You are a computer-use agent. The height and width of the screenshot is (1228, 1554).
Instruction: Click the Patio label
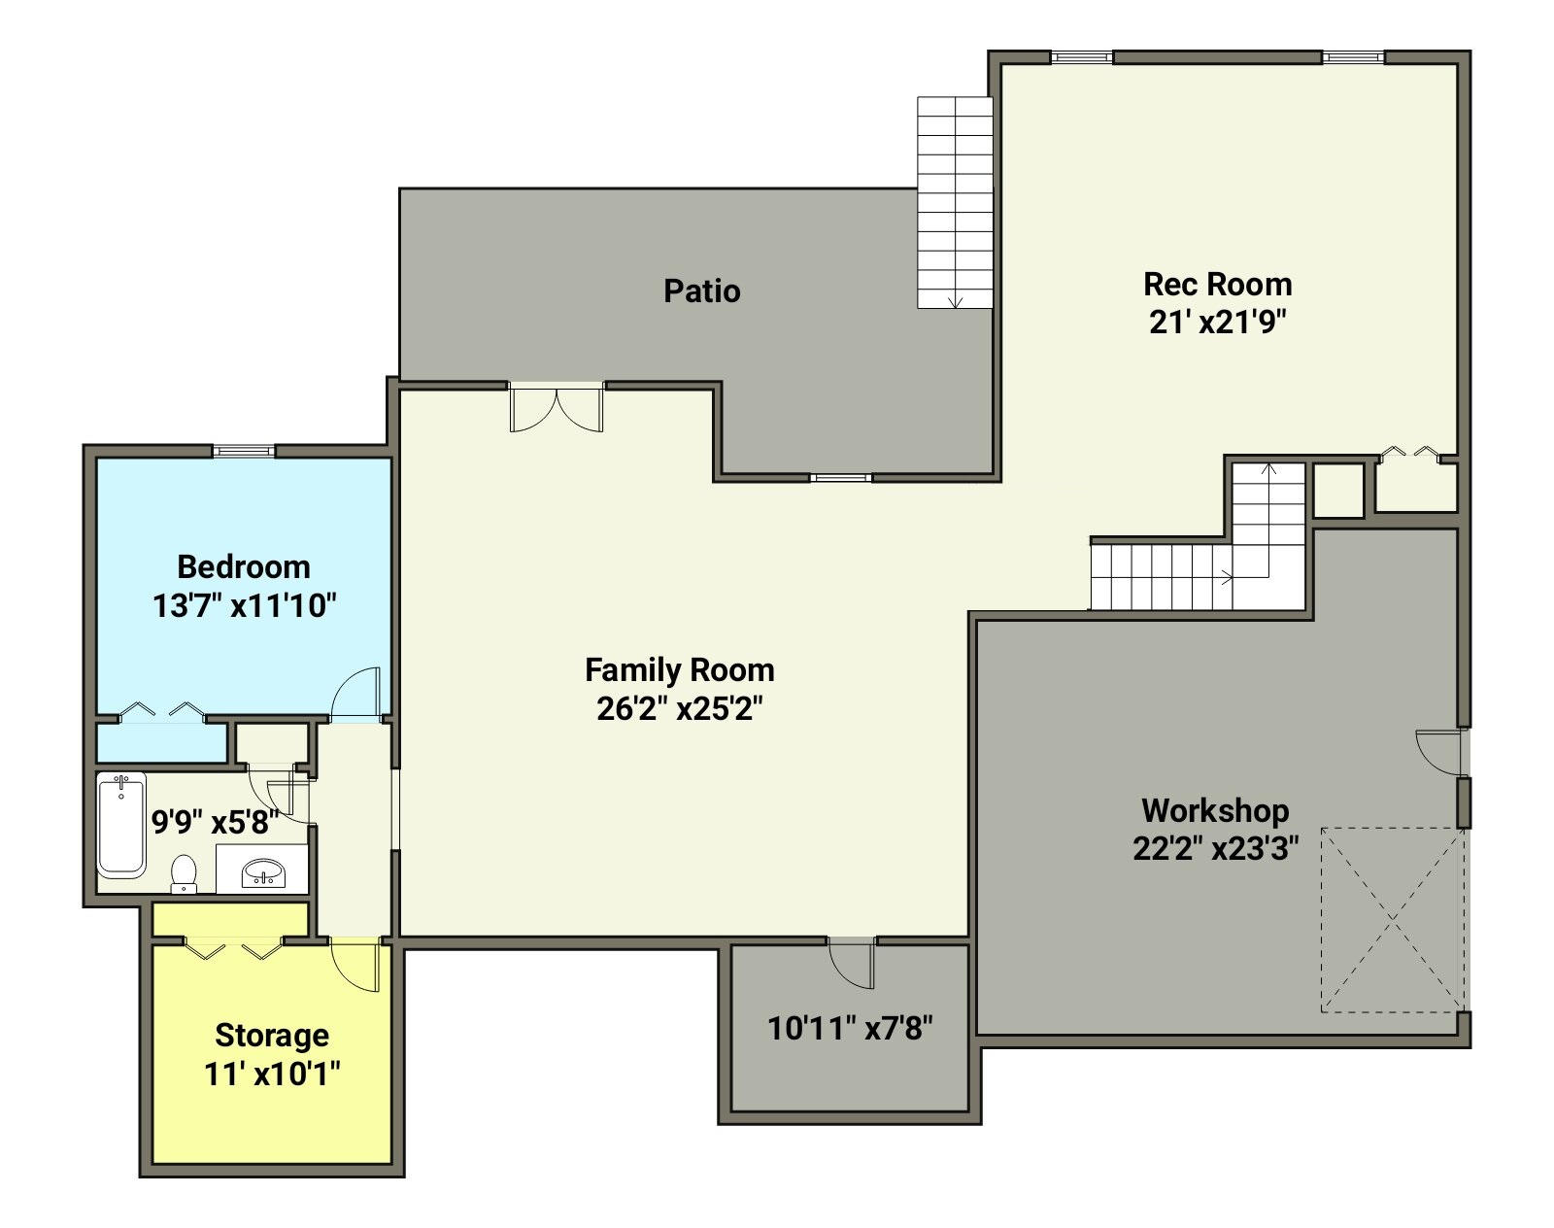tap(702, 291)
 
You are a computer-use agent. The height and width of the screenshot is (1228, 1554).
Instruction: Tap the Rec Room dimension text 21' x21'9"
tap(1218, 323)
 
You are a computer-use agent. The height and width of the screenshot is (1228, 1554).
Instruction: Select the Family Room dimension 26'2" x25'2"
tap(680, 708)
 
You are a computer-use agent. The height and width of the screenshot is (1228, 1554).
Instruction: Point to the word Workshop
tap(1215, 811)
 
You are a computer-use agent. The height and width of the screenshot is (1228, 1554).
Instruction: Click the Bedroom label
tap(244, 567)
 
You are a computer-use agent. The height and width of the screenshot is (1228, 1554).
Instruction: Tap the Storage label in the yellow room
tap(272, 1036)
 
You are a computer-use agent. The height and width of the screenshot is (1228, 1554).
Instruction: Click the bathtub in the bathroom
tap(122, 825)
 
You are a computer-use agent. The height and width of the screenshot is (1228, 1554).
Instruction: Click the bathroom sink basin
tap(263, 872)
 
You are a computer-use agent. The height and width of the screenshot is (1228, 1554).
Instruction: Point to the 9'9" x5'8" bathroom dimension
tap(216, 822)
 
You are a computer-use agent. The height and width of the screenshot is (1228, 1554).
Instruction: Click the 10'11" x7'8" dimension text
tap(850, 1029)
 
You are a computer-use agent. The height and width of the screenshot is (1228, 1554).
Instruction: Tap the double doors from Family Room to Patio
tap(556, 408)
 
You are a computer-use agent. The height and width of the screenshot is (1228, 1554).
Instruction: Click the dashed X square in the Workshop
tap(1393, 920)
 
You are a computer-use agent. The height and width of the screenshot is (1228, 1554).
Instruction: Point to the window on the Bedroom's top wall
tap(244, 452)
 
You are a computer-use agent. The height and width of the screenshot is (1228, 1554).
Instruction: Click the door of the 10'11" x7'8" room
tap(852, 964)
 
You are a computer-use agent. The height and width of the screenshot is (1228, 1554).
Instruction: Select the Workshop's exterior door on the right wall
tap(1443, 754)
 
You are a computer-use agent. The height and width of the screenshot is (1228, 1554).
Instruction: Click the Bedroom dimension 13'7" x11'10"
tap(245, 605)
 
